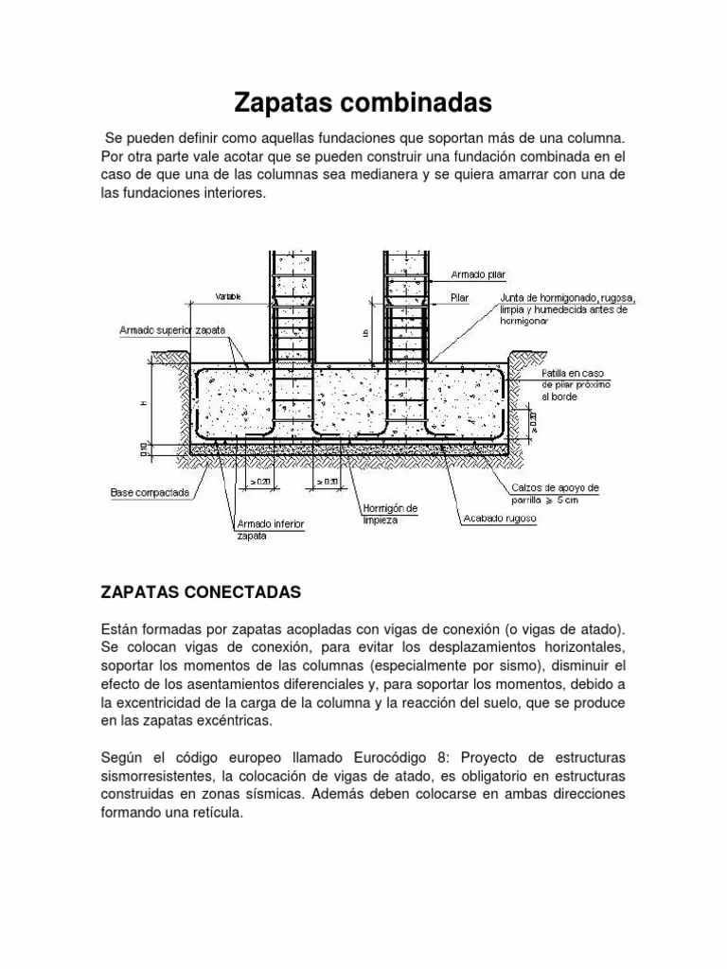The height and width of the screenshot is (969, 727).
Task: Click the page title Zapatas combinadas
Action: click(x=363, y=101)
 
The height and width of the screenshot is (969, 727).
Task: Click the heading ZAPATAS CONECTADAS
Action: click(x=200, y=591)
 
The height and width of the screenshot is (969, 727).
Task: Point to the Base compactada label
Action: click(x=150, y=492)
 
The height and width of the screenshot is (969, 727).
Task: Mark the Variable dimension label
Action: click(x=228, y=297)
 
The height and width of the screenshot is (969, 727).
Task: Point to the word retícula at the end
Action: click(x=217, y=812)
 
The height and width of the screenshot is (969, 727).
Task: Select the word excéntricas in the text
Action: click(x=230, y=721)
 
